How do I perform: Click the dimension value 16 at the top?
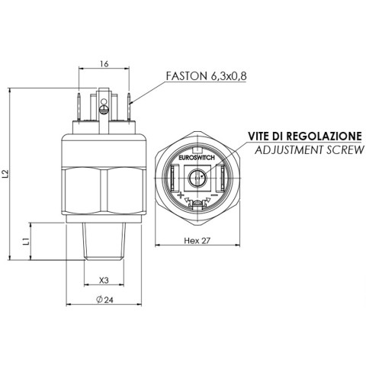pyautogui.click(x=104, y=64)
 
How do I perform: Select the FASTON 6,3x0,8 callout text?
pyautogui.click(x=206, y=75)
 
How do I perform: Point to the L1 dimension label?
pyautogui.click(x=26, y=241)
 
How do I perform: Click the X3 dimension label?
pyautogui.click(x=104, y=281)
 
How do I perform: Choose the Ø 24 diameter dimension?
pyautogui.click(x=104, y=300)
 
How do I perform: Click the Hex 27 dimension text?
pyautogui.click(x=197, y=240)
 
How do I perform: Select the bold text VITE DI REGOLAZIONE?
pyautogui.click(x=305, y=136)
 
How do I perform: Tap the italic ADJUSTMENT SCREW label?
pyautogui.click(x=310, y=150)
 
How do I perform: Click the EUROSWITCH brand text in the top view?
pyautogui.click(x=197, y=158)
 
